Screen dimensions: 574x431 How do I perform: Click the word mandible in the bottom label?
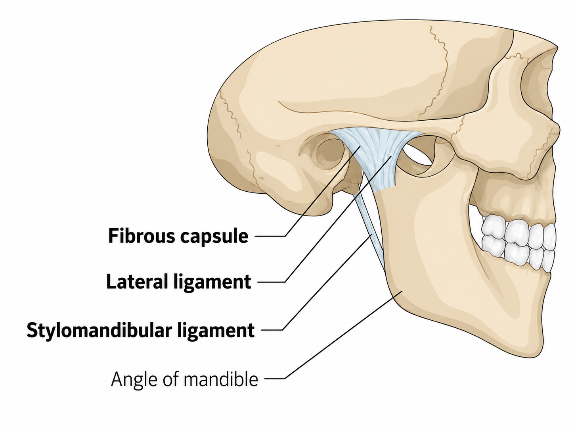(221, 379)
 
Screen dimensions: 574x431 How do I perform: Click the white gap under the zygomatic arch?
(417, 154)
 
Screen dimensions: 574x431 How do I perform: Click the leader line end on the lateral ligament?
(391, 156)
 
